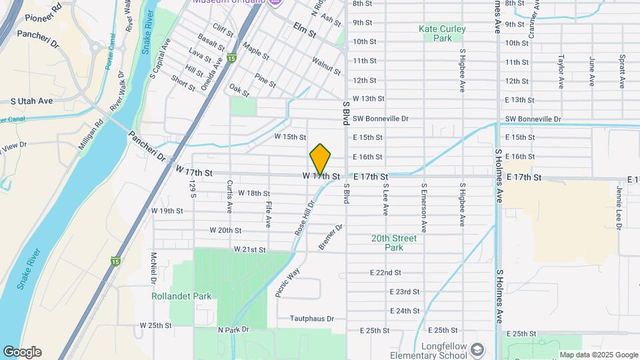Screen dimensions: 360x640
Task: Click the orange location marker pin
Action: pyautogui.click(x=321, y=159)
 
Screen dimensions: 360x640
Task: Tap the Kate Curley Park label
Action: pyautogui.click(x=442, y=33)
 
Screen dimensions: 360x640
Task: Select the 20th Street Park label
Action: pyautogui.click(x=394, y=243)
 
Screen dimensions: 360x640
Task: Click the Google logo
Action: pyautogui.click(x=22, y=352)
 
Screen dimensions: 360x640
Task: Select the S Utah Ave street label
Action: pyautogui.click(x=31, y=101)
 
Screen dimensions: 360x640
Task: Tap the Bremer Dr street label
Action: pyautogui.click(x=331, y=237)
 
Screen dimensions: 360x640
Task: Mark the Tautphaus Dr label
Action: pyautogui.click(x=312, y=319)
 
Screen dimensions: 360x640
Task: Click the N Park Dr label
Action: pyautogui.click(x=233, y=330)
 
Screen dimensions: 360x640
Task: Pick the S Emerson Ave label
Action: pyautogui.click(x=423, y=209)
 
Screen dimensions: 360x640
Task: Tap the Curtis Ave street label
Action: pyautogui.click(x=229, y=197)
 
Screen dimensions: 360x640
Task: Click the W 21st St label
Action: pyautogui.click(x=250, y=249)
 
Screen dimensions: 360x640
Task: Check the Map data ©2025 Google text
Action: pyautogui.click(x=598, y=355)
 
